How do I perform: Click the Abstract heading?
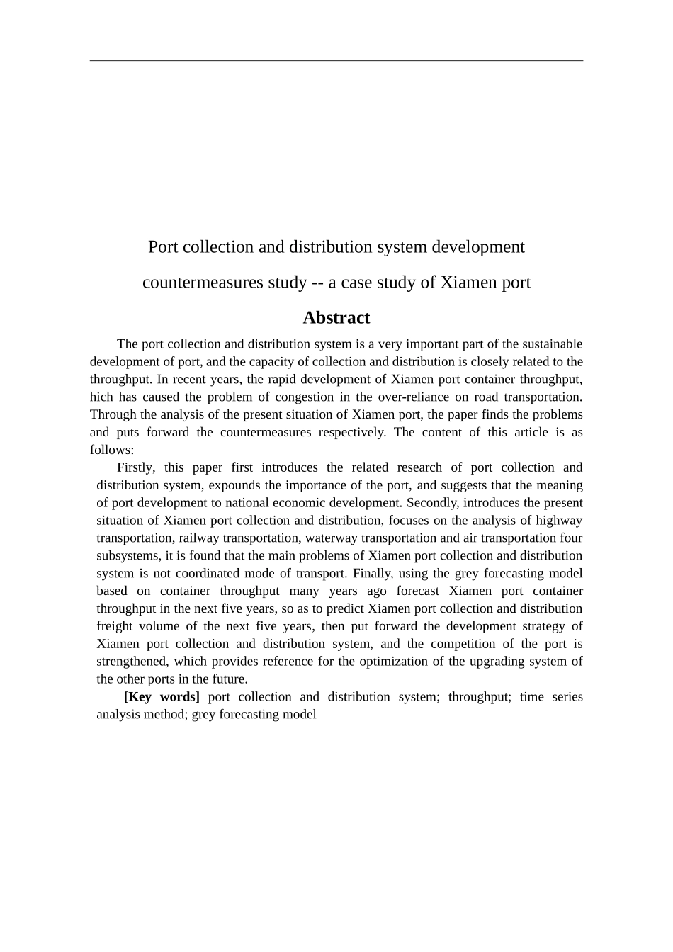coord(336,318)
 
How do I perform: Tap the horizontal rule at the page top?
coord(336,60)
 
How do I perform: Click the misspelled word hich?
coord(102,397)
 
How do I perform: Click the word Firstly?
coord(135,467)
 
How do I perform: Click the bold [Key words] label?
coord(162,697)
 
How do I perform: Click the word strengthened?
coord(133,662)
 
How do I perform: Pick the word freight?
coord(114,626)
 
